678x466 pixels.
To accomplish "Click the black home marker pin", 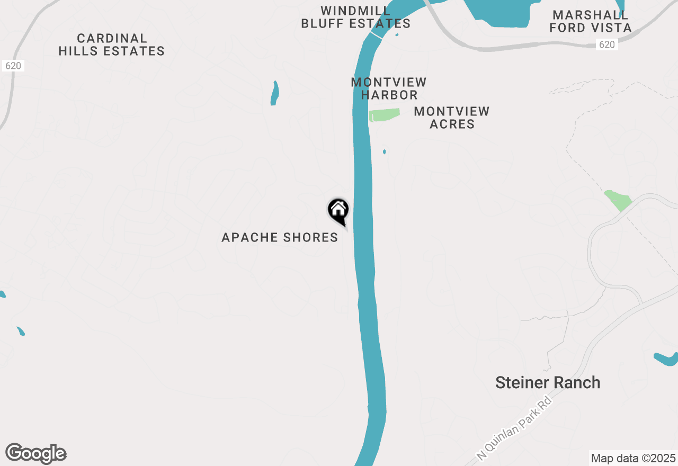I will [x=338, y=210].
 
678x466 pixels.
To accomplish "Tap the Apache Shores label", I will [x=280, y=237].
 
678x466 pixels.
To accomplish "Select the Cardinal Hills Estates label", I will [x=112, y=45].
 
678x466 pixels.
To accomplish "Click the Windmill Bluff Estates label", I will [x=356, y=17].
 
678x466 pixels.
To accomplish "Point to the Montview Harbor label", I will [x=389, y=89].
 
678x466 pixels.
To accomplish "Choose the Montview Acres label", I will [x=452, y=118].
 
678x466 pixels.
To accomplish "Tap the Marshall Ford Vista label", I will [x=591, y=21].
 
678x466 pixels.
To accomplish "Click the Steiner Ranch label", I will [x=548, y=383].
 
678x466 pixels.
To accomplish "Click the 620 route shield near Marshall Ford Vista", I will [x=607, y=44].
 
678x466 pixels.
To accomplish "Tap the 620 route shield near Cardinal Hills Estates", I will [x=13, y=66].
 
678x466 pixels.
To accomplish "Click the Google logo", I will [x=36, y=453].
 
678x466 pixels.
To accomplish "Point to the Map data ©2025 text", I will [x=633, y=458].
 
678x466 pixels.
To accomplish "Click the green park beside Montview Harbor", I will [x=385, y=115].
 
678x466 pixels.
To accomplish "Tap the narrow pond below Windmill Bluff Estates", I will [x=274, y=93].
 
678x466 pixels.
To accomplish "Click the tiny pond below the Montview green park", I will [x=385, y=152].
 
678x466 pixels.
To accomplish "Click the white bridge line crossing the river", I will [x=376, y=34].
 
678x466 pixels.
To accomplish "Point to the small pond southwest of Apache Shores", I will [x=21, y=331].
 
